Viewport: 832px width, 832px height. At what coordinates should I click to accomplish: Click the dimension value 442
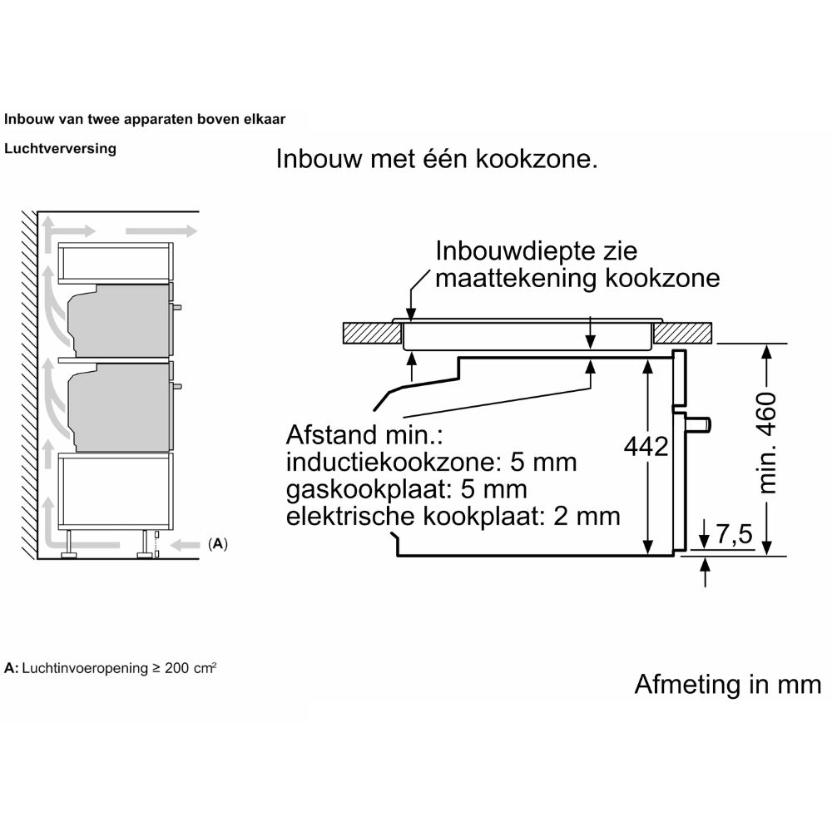pos(646,447)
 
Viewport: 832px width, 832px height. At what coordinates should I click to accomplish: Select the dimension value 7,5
pos(733,537)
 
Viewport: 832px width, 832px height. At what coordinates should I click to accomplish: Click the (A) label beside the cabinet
pos(217,544)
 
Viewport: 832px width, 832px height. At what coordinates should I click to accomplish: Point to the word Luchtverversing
pos(60,149)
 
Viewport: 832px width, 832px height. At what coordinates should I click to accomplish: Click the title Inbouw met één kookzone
pos(437,160)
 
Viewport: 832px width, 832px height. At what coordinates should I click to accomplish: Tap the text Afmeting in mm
pos(727,684)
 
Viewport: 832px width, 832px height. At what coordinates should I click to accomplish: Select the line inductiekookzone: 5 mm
pos(430,463)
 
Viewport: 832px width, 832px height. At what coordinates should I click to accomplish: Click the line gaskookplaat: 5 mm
pos(406,489)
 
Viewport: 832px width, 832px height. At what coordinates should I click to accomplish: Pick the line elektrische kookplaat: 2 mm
pos(453,516)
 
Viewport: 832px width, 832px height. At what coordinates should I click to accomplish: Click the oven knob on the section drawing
pos(699,424)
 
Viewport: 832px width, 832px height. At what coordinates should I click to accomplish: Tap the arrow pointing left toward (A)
pos(186,545)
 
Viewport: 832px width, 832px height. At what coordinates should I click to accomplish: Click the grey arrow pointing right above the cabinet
pos(161,230)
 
